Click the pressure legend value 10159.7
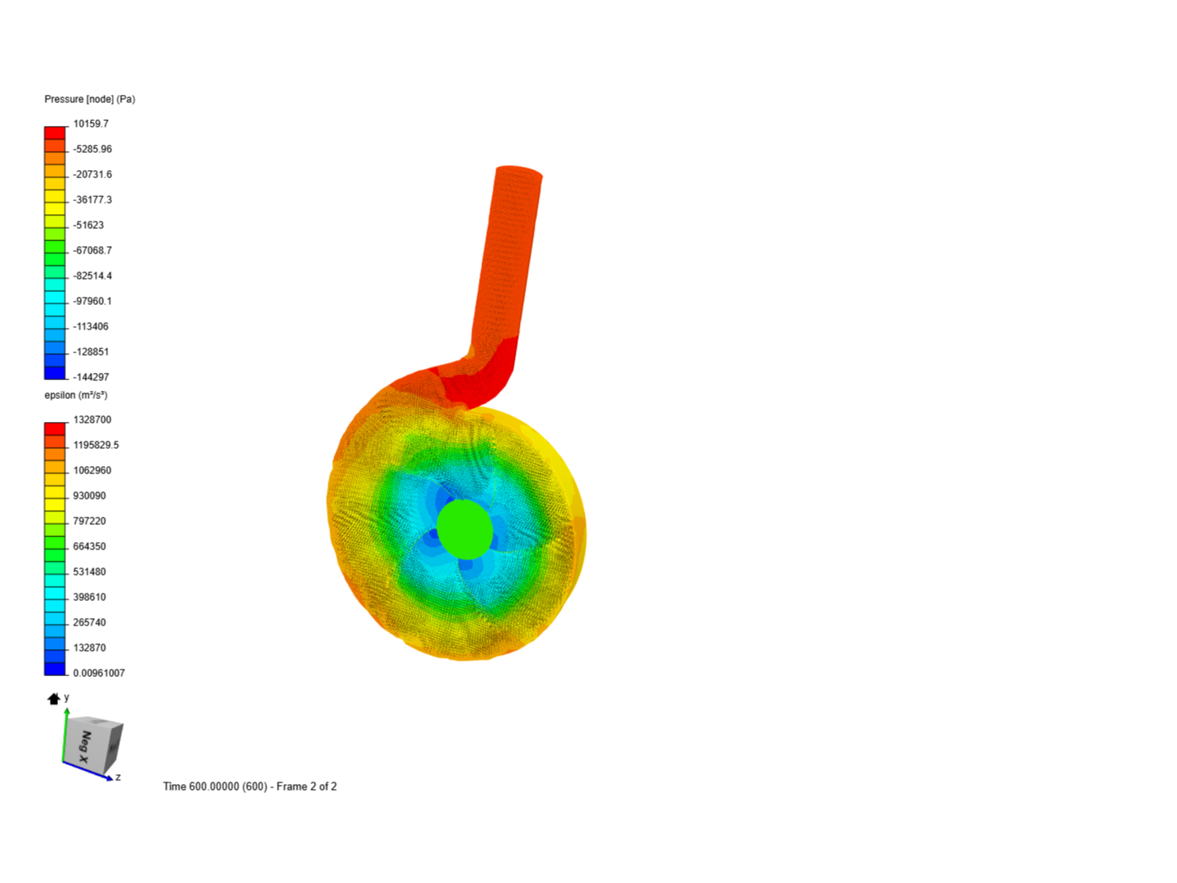[x=91, y=123]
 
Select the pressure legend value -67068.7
[x=92, y=250]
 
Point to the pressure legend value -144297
[x=91, y=377]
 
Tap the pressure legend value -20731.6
[x=92, y=174]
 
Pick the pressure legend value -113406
[x=91, y=326]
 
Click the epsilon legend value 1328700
[x=92, y=419]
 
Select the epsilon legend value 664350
[x=90, y=546]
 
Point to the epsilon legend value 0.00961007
[x=99, y=673]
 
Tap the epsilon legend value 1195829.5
[x=96, y=445]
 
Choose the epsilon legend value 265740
[x=90, y=622]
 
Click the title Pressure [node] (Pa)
[x=90, y=99]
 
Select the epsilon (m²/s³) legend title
[x=76, y=395]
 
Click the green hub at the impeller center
[x=465, y=529]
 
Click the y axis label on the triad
[x=67, y=697]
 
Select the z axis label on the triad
[x=119, y=777]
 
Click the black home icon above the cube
[x=54, y=698]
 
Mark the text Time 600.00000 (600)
[x=215, y=787]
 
